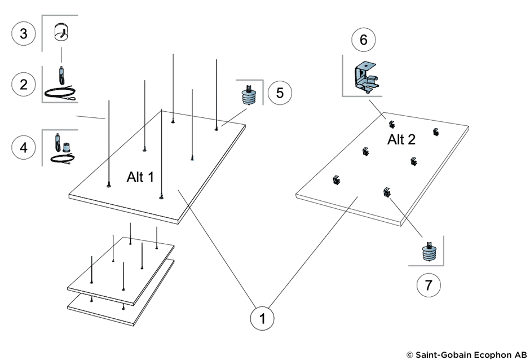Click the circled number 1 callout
click(x=262, y=318)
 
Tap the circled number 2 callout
click(x=23, y=84)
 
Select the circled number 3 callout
click(x=23, y=33)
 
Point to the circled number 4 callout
click(x=23, y=147)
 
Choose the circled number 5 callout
click(x=280, y=93)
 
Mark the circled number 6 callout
click(x=363, y=40)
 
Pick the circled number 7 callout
click(x=429, y=285)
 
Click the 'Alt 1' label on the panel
click(x=140, y=177)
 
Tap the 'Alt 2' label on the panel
click(x=401, y=139)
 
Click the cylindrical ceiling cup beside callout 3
click(x=61, y=32)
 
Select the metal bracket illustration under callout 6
click(x=366, y=77)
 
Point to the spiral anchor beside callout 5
click(x=249, y=95)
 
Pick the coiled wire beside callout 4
click(x=62, y=158)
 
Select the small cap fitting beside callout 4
click(x=67, y=147)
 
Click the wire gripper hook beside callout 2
click(x=61, y=76)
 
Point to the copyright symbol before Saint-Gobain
click(x=410, y=354)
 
